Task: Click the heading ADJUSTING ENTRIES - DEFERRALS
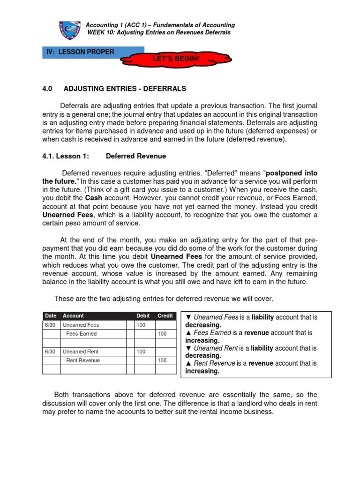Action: click(x=125, y=88)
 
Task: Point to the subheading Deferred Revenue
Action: click(x=136, y=156)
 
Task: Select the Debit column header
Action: click(x=143, y=316)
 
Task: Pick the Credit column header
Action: click(x=165, y=316)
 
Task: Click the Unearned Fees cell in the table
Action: click(x=81, y=325)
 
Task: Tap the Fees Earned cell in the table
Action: click(x=82, y=334)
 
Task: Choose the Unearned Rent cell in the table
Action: click(x=81, y=351)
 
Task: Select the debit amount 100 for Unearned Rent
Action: click(x=141, y=351)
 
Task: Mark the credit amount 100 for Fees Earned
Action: click(x=162, y=334)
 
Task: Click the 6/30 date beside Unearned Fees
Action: click(x=50, y=325)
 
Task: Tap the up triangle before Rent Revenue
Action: click(x=188, y=363)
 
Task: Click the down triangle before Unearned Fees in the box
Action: click(x=188, y=317)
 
